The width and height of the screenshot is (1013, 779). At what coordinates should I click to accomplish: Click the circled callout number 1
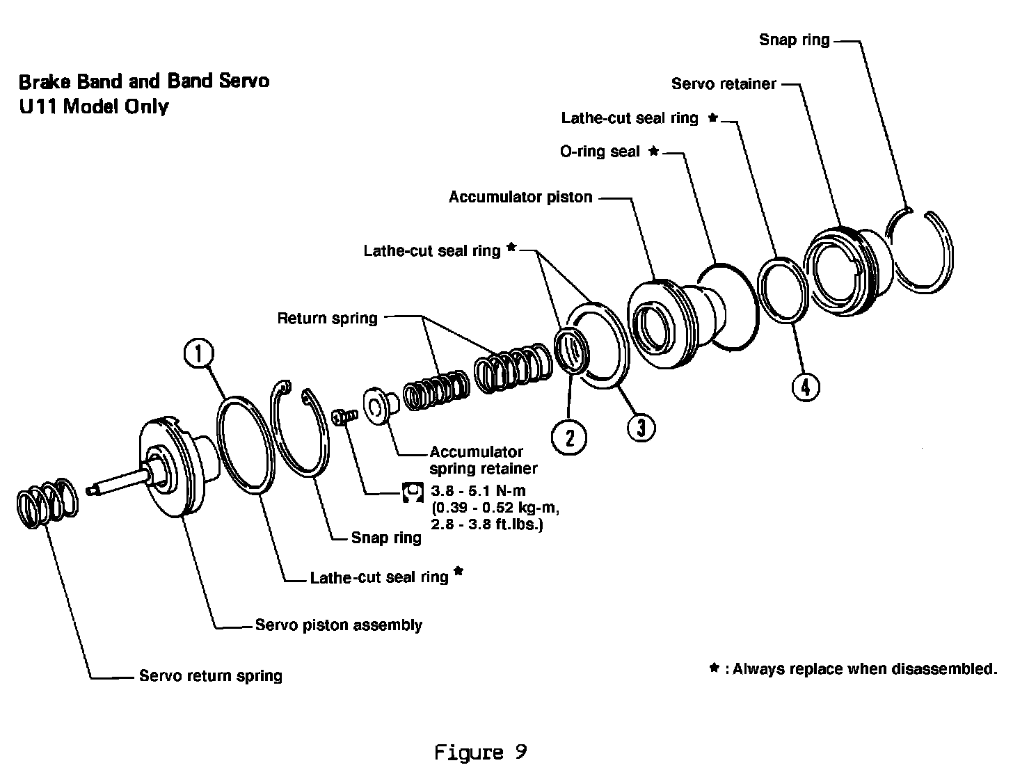pyautogui.click(x=198, y=353)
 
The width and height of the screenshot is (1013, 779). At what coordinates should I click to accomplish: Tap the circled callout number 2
pyautogui.click(x=568, y=437)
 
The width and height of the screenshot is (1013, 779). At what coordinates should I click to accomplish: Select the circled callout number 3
pyautogui.click(x=641, y=428)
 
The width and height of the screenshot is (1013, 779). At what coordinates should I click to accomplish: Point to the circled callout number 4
pyautogui.click(x=806, y=387)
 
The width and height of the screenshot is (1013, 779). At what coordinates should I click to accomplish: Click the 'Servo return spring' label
pyautogui.click(x=211, y=675)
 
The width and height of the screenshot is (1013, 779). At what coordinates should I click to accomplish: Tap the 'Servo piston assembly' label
pyautogui.click(x=338, y=625)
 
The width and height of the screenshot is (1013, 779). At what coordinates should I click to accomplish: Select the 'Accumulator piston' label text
pyautogui.click(x=520, y=197)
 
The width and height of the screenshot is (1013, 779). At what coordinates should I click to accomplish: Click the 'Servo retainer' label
pyautogui.click(x=724, y=84)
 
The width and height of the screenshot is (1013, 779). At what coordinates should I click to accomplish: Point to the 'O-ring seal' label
pyautogui.click(x=600, y=152)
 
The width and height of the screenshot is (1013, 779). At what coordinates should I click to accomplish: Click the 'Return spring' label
pyautogui.click(x=327, y=319)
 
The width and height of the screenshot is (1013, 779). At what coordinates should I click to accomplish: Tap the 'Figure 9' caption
pyautogui.click(x=480, y=752)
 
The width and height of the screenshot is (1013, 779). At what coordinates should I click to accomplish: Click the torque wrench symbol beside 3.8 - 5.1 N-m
pyautogui.click(x=413, y=492)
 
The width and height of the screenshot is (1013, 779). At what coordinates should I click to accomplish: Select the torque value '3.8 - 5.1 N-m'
pyautogui.click(x=478, y=490)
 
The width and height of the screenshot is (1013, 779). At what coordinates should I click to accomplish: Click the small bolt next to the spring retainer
pyautogui.click(x=344, y=416)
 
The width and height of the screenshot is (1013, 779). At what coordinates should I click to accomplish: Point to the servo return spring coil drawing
pyautogui.click(x=47, y=503)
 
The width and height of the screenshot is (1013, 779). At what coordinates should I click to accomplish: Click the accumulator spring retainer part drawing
pyautogui.click(x=381, y=405)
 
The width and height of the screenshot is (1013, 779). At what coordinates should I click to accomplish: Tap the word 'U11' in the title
pyautogui.click(x=38, y=106)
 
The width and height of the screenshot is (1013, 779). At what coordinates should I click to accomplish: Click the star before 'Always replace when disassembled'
pyautogui.click(x=715, y=668)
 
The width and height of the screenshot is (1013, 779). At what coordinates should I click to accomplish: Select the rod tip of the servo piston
pyautogui.click(x=90, y=490)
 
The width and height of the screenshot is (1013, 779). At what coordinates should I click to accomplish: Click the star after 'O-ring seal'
pyautogui.click(x=653, y=150)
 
